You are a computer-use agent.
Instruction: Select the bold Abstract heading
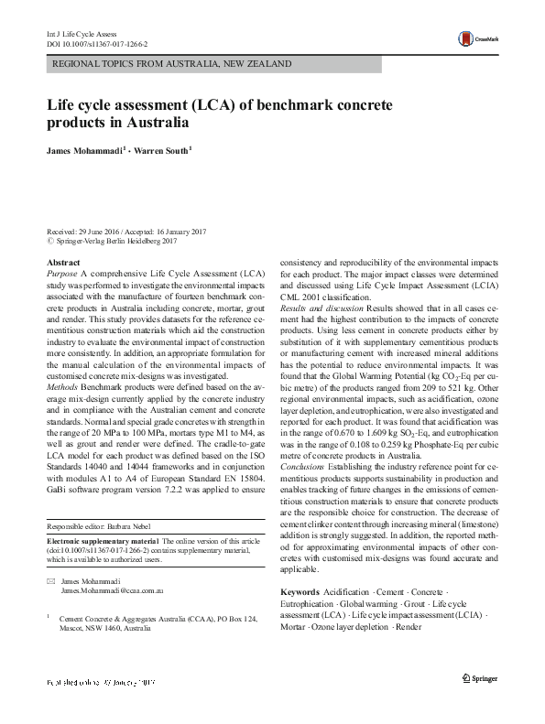63,263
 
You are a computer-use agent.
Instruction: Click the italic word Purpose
62,274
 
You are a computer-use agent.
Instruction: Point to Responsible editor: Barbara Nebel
105,527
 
